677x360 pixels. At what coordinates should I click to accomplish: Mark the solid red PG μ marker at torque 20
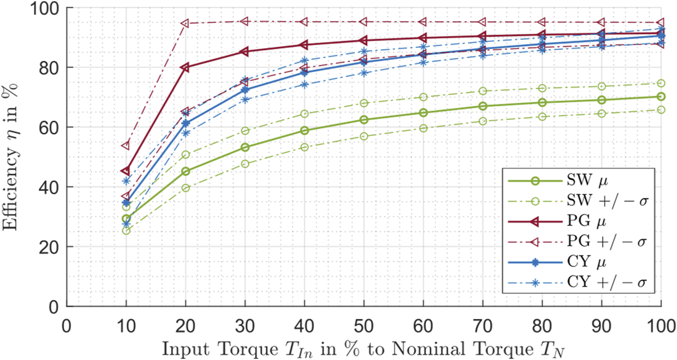[x=186, y=67]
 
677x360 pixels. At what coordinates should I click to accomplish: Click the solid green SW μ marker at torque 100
[x=661, y=96]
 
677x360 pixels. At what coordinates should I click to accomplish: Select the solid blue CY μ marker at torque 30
[x=245, y=90]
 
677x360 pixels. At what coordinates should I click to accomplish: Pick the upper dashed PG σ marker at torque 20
[x=186, y=23]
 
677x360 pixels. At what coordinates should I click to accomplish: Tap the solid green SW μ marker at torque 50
[x=364, y=120]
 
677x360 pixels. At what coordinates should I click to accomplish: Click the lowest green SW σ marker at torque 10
[x=126, y=230]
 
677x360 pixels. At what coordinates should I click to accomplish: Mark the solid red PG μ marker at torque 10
[x=126, y=171]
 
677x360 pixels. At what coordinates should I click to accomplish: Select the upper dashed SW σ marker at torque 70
[x=483, y=91]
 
